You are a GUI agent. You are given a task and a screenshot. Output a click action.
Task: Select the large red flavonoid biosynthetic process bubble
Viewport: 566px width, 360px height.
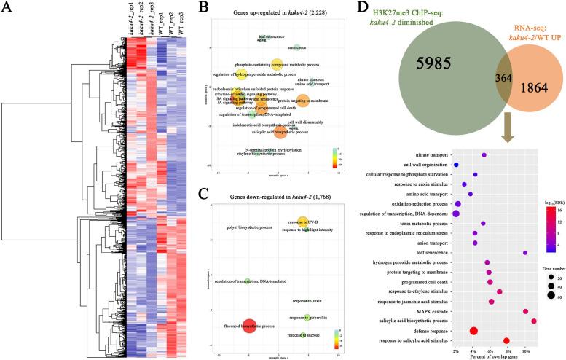tap(249, 326)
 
